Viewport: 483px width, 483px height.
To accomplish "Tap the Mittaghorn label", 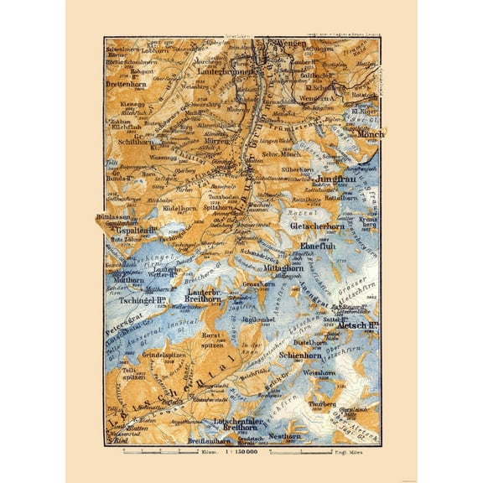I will [x=284, y=269].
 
